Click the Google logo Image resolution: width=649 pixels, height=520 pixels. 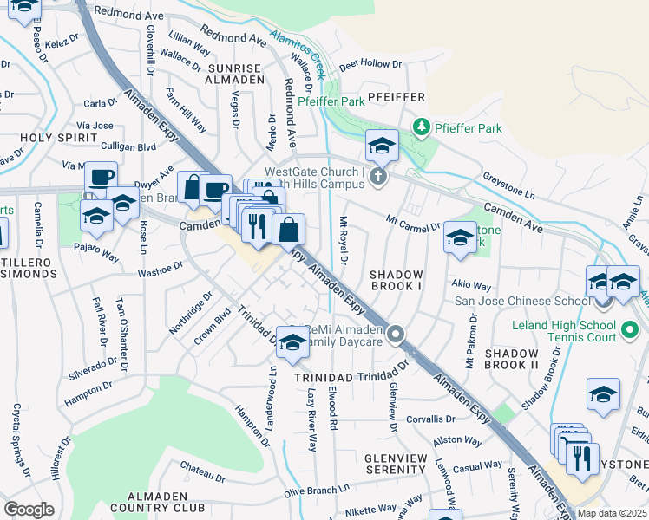tap(29, 510)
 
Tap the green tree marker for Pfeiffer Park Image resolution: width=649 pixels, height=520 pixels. tap(422, 128)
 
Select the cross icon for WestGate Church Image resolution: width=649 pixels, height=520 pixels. tap(377, 177)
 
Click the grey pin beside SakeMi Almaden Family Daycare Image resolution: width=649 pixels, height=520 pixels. tap(397, 334)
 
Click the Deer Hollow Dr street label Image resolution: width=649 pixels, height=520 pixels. tap(370, 64)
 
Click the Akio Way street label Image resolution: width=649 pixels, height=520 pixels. tap(471, 284)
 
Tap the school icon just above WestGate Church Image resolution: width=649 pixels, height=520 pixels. tap(381, 146)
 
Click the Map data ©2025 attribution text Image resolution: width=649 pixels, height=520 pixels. tap(612, 513)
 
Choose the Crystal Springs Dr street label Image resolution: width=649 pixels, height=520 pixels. tap(18, 439)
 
